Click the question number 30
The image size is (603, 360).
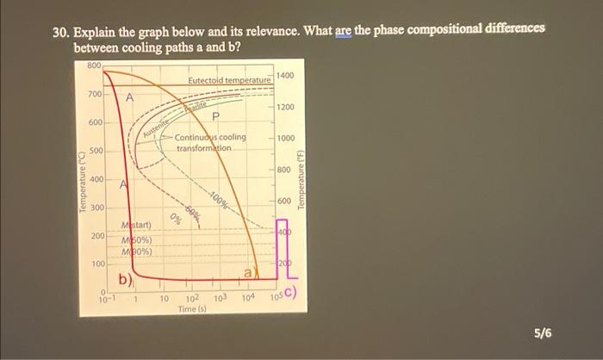click(x=59, y=31)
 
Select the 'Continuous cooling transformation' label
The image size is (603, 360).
click(x=209, y=142)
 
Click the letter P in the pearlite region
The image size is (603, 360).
click(x=214, y=117)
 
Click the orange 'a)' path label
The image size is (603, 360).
click(x=248, y=272)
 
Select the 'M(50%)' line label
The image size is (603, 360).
click(x=136, y=239)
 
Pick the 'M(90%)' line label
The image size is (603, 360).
click(x=136, y=251)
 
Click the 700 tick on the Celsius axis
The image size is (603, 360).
click(x=94, y=93)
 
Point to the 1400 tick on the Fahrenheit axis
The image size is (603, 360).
click(x=287, y=77)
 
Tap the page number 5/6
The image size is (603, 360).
click(x=543, y=332)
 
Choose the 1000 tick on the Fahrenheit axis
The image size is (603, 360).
click(x=287, y=138)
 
